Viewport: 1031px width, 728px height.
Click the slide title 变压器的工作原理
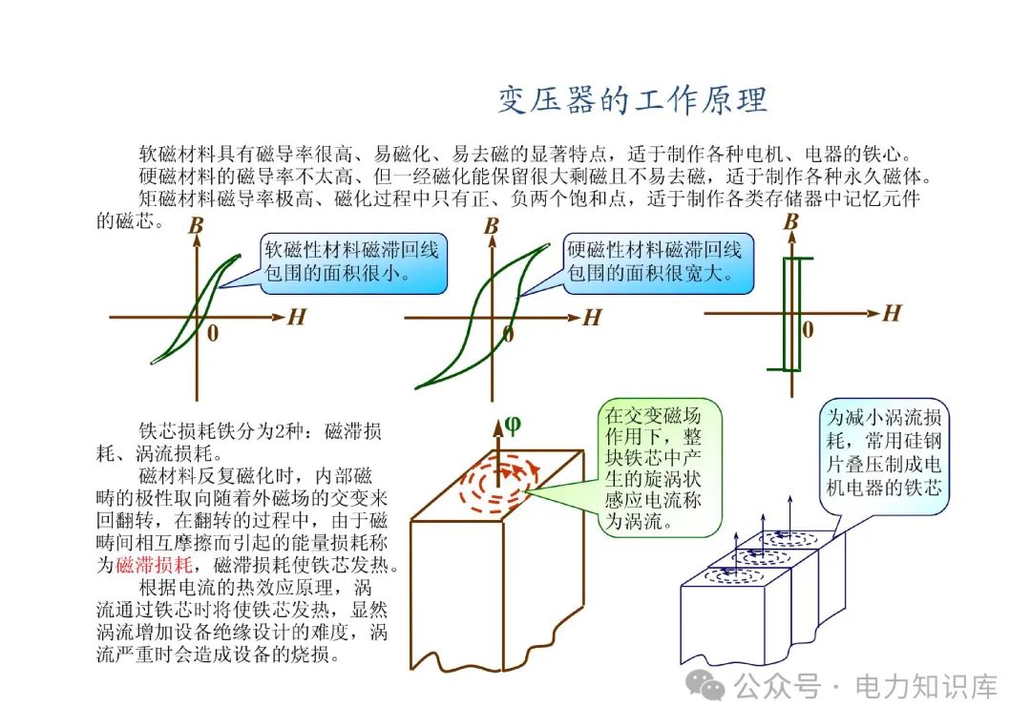(633, 100)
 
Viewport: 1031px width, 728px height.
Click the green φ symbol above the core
(513, 425)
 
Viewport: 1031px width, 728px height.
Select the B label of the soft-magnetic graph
(196, 226)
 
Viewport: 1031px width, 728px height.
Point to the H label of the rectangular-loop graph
(892, 313)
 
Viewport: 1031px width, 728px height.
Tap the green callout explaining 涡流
(654, 468)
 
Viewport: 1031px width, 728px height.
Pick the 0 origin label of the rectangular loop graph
(808, 330)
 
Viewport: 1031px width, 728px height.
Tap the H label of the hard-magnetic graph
(592, 318)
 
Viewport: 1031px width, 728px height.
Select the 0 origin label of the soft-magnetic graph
(212, 333)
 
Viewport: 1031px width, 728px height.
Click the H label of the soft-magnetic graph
(297, 317)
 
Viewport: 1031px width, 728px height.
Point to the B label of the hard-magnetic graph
(492, 226)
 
